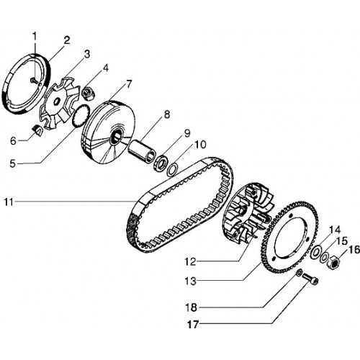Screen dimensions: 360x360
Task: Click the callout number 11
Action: (x=9, y=202)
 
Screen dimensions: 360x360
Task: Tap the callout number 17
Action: (x=193, y=325)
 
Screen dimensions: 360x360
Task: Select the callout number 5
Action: (x=12, y=164)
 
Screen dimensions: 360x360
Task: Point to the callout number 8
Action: (x=166, y=114)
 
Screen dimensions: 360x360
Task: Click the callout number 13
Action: (x=191, y=281)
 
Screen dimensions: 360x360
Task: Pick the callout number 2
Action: (x=67, y=40)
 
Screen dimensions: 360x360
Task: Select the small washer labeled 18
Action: (x=299, y=273)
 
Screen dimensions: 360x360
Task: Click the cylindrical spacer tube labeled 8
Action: (x=143, y=150)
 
